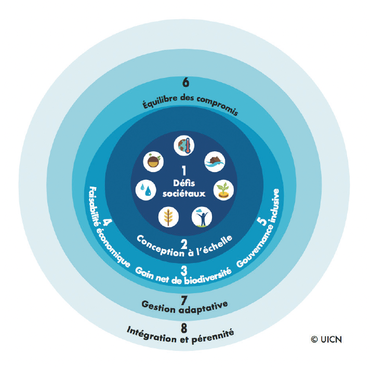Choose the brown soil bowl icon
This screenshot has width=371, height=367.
154,161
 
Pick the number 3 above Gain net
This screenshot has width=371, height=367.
184,269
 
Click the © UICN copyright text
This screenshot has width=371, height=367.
327,339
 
